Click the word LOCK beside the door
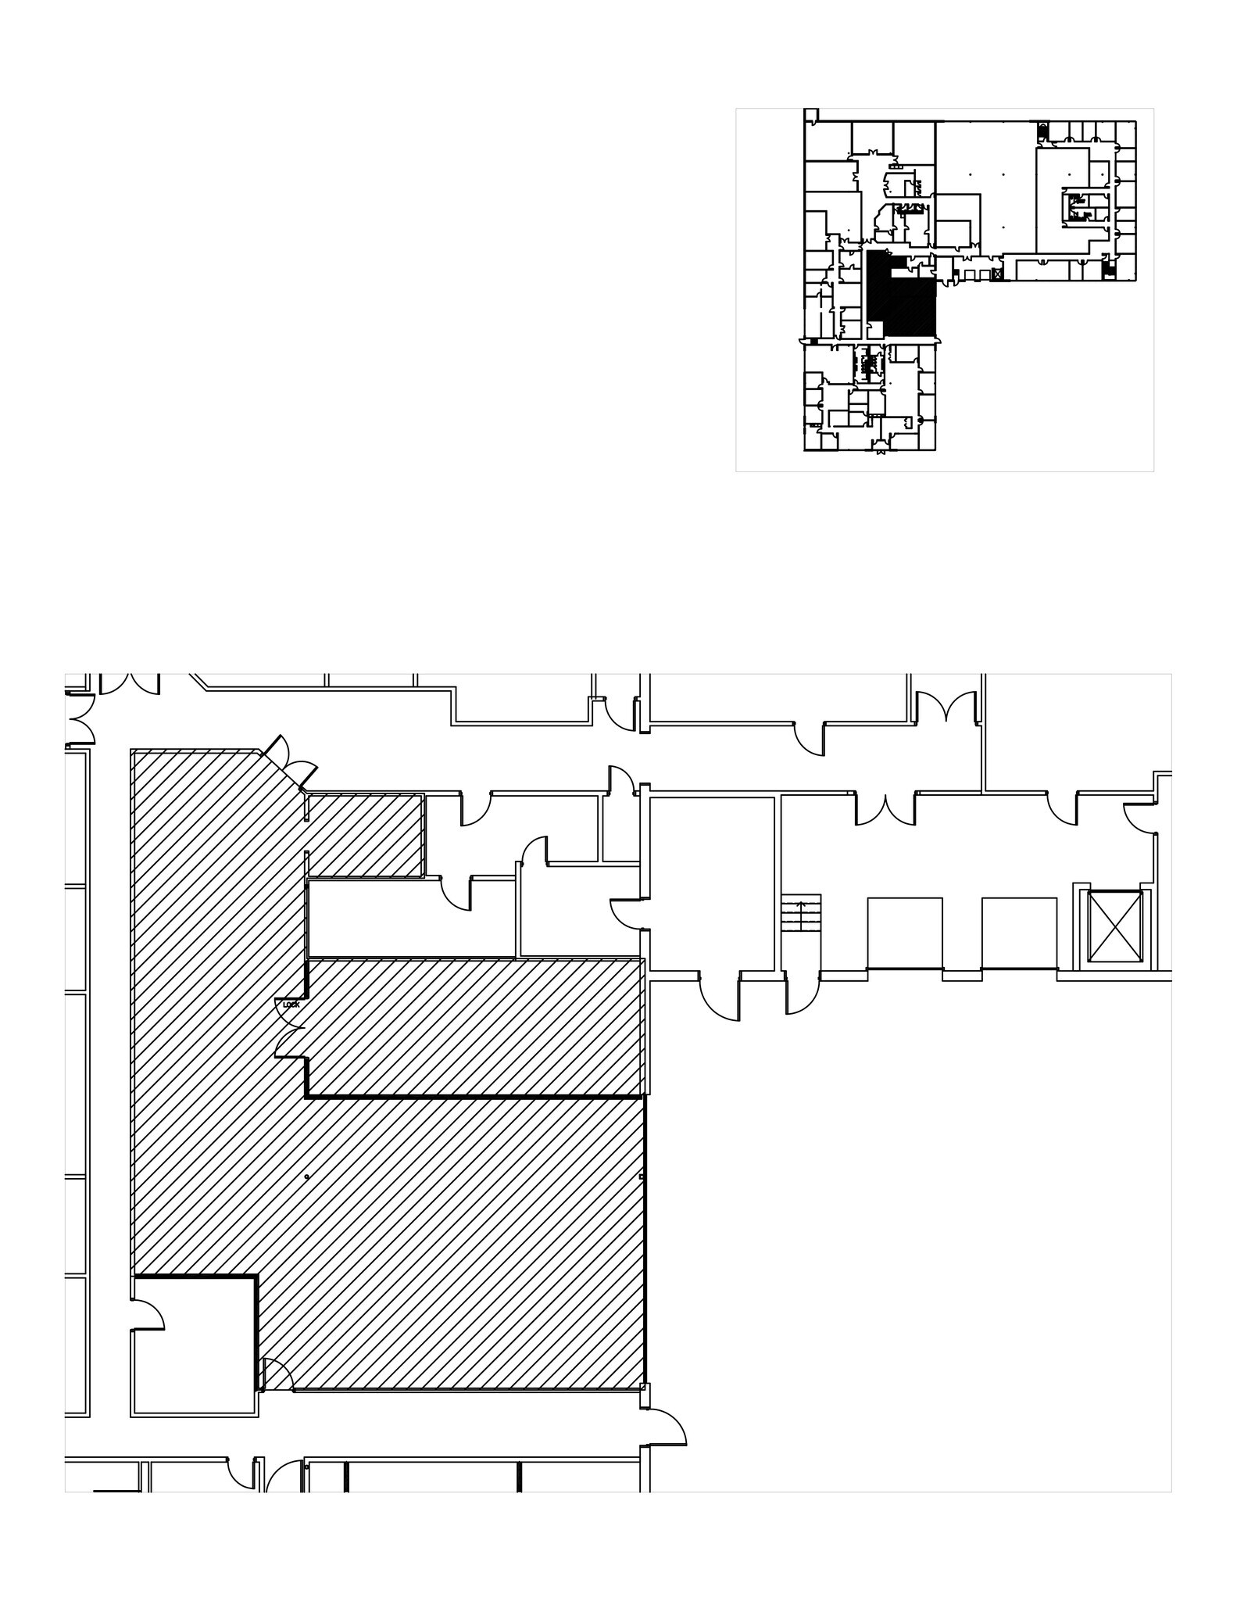(291, 1005)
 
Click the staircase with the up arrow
(801, 912)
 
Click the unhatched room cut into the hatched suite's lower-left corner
(194, 1345)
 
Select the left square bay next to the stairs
(904, 933)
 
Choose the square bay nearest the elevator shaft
(1018, 933)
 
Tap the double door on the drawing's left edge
(80, 718)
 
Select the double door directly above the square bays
(885, 809)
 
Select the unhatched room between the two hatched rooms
(412, 919)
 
